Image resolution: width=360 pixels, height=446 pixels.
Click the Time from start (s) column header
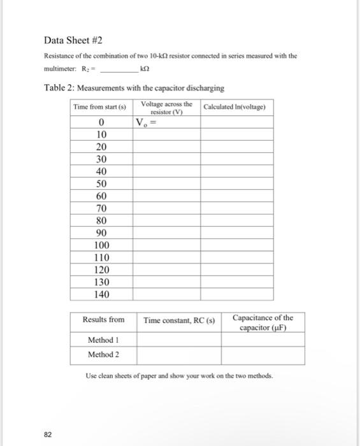pos(99,107)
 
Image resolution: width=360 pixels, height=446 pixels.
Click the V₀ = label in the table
pos(146,122)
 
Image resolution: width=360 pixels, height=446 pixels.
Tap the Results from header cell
pos(103,319)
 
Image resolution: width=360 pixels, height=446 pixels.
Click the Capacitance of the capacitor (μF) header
pos(263,322)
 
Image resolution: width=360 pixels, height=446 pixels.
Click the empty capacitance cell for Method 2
pos(263,355)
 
